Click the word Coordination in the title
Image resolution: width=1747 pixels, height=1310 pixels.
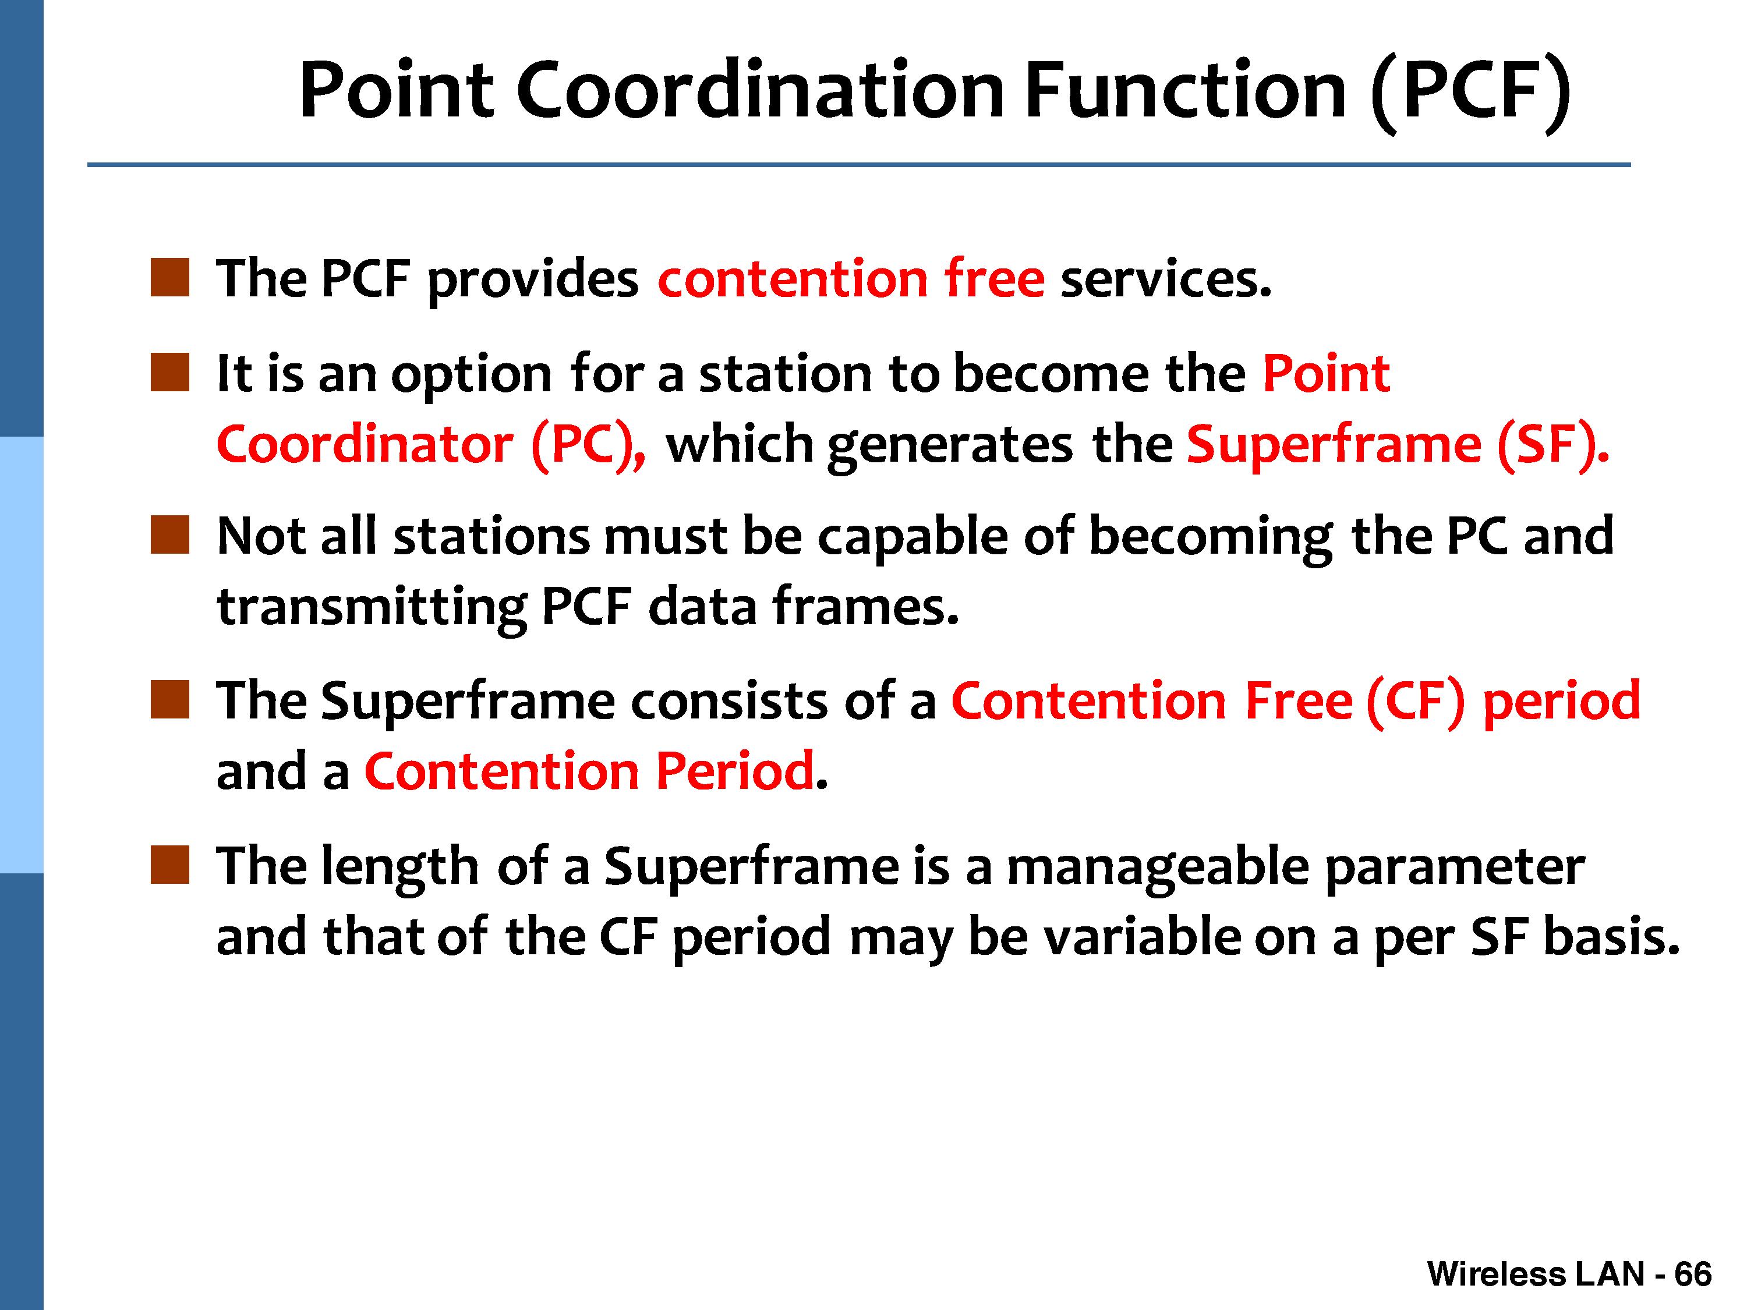pyautogui.click(x=761, y=90)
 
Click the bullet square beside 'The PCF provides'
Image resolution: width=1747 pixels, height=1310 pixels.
pyautogui.click(x=170, y=277)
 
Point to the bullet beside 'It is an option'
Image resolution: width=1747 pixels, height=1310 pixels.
pyautogui.click(x=170, y=372)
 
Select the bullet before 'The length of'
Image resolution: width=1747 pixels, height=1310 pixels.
pyautogui.click(x=170, y=865)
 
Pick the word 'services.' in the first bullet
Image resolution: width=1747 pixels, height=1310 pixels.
pyautogui.click(x=1166, y=279)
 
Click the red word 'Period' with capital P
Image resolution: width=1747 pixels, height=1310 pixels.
pyautogui.click(x=734, y=771)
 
